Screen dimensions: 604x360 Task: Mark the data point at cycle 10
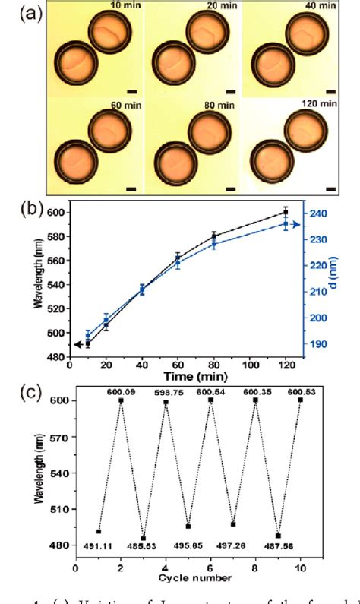(301, 400)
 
